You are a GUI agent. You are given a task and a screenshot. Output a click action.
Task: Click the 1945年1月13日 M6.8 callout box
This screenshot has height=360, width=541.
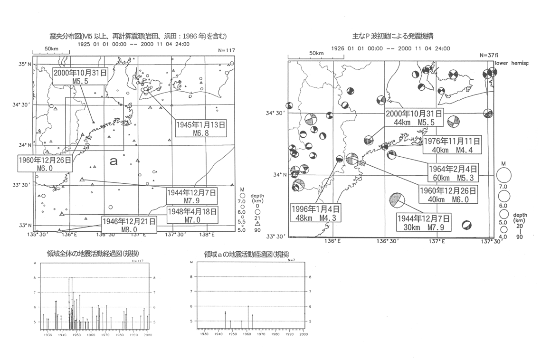point(200,128)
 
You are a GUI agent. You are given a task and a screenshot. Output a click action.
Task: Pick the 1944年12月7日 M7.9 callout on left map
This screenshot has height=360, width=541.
point(191,196)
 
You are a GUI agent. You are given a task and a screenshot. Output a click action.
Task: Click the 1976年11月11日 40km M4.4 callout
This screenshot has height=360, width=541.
point(452,145)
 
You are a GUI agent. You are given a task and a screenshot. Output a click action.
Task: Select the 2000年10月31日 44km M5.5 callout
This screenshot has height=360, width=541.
point(414,117)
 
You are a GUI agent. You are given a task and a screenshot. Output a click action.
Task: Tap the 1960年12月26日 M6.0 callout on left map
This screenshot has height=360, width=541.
point(45,164)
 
